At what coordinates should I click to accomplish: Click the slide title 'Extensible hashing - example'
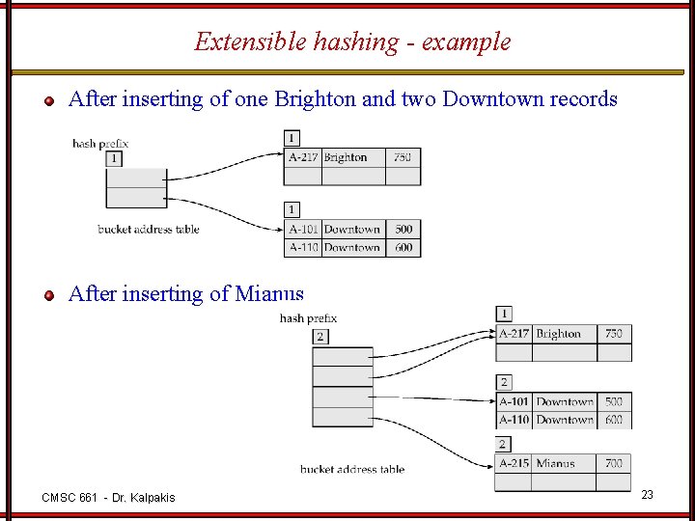[x=352, y=41]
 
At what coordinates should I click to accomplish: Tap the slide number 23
[x=648, y=495]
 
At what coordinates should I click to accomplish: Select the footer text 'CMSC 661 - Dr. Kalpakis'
[x=109, y=497]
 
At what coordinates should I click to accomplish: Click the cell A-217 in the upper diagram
[x=303, y=157]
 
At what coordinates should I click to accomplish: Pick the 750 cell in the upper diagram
[x=403, y=157]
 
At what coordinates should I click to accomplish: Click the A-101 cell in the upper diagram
[x=304, y=230]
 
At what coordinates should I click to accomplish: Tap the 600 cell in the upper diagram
[x=403, y=247]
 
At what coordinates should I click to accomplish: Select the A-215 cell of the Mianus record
[x=514, y=464]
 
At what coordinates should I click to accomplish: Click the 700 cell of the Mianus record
[x=614, y=464]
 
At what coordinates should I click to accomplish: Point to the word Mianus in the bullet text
[x=269, y=294]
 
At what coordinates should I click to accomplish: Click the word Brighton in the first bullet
[x=316, y=99]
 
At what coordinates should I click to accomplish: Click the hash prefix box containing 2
[x=320, y=337]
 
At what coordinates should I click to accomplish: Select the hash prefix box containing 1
[x=115, y=158]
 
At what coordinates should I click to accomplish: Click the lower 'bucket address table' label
[x=351, y=470]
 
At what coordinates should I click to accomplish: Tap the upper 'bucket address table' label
[x=149, y=230]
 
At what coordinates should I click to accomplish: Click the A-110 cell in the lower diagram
[x=514, y=420]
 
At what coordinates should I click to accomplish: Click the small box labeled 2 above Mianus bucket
[x=504, y=445]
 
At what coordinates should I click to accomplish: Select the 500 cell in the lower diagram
[x=614, y=401]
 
